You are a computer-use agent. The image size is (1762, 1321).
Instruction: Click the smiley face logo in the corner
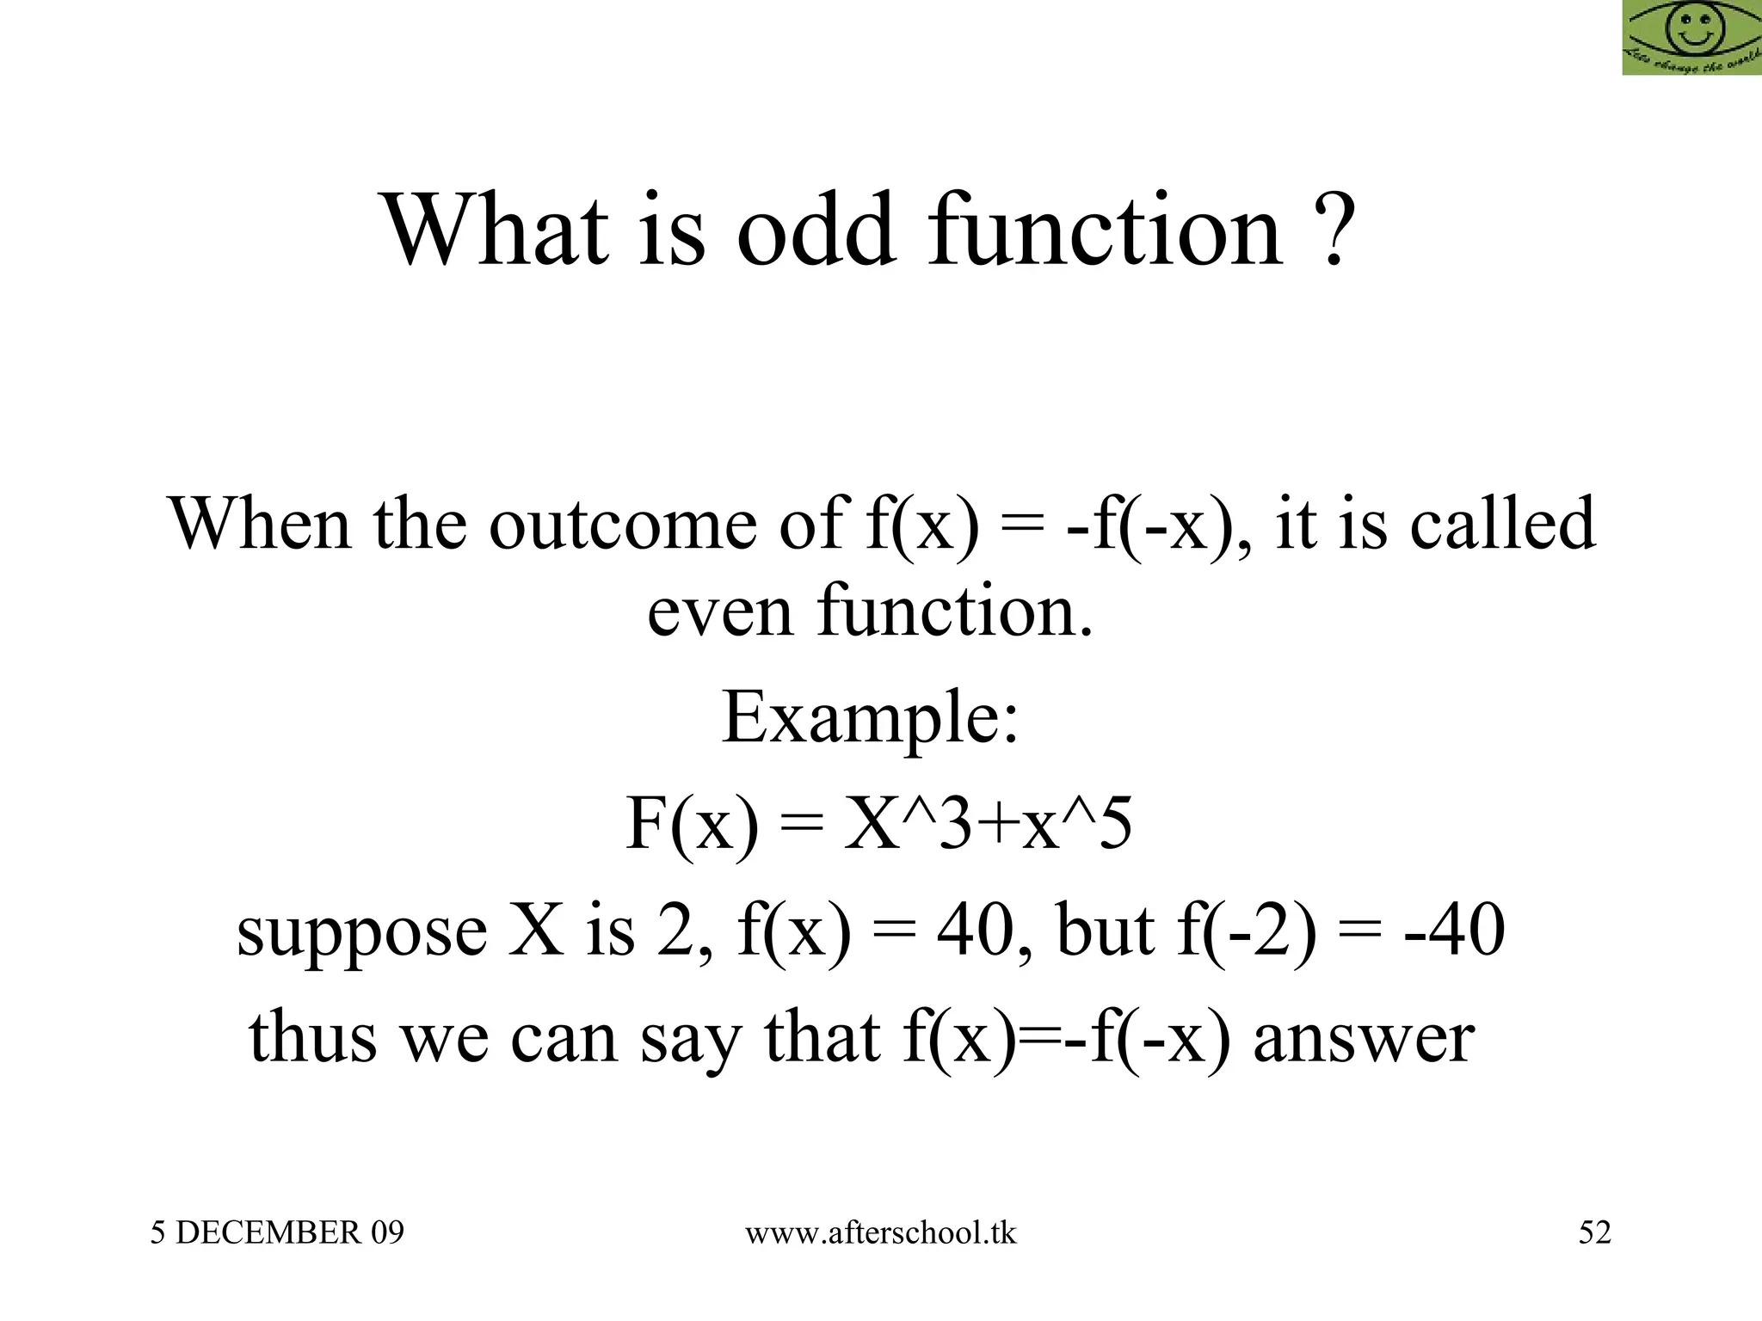tap(1691, 37)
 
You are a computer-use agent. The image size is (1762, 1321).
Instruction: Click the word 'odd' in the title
tap(815, 230)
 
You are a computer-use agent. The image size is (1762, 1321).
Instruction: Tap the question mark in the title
tap(1334, 230)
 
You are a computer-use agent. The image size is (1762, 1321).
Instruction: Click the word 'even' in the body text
tap(719, 611)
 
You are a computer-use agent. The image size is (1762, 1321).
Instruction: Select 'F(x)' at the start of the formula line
tap(693, 823)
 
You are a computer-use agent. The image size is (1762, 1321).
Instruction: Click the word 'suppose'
tap(361, 932)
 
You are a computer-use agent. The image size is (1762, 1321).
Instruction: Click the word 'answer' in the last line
tap(1365, 1037)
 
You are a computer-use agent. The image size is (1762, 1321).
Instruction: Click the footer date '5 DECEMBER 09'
tap(277, 1232)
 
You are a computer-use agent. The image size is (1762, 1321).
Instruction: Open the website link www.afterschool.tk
tap(880, 1232)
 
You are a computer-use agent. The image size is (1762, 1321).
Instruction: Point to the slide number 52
tap(1594, 1232)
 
